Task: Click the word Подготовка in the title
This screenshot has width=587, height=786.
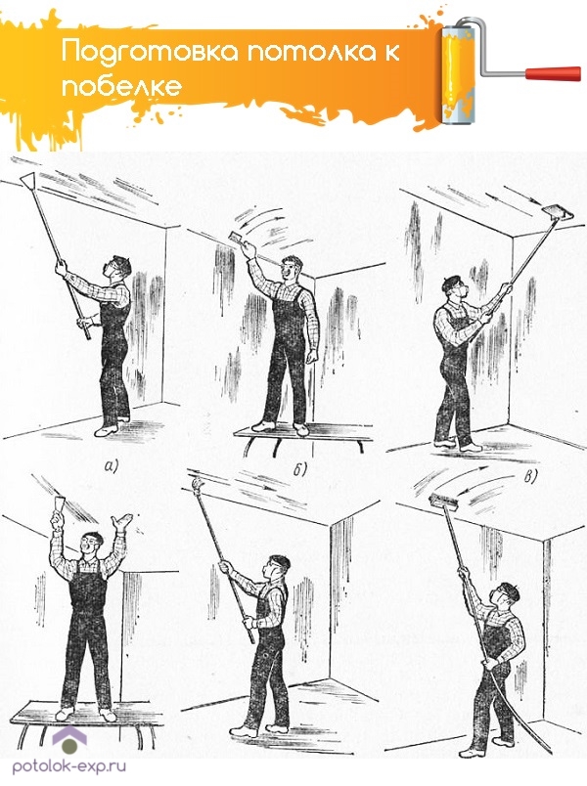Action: pyautogui.click(x=150, y=51)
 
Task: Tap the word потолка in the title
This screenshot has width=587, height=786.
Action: pyautogui.click(x=307, y=52)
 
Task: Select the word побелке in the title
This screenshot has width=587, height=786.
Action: pyautogui.click(x=121, y=86)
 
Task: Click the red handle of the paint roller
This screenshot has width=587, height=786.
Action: pyautogui.click(x=553, y=73)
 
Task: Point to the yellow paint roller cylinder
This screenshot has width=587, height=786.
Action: pyautogui.click(x=458, y=73)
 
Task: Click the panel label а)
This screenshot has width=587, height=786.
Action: pyautogui.click(x=111, y=466)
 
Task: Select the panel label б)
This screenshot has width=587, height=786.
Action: pyautogui.click(x=299, y=469)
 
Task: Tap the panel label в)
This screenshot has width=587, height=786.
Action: pyautogui.click(x=530, y=476)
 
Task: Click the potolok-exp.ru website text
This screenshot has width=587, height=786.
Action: pyautogui.click(x=69, y=765)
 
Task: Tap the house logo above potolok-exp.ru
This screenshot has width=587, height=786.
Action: pyautogui.click(x=69, y=740)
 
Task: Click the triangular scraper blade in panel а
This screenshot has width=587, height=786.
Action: pyautogui.click(x=28, y=179)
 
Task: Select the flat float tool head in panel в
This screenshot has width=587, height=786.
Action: pyautogui.click(x=557, y=212)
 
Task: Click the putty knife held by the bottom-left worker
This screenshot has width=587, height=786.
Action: pyautogui.click(x=59, y=502)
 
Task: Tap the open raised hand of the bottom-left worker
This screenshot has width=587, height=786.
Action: pyautogui.click(x=122, y=521)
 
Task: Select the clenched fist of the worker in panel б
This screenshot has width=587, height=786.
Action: pyautogui.click(x=311, y=357)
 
